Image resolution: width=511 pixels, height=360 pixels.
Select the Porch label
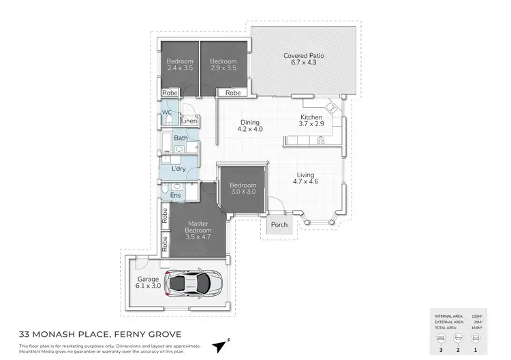pos(279,224)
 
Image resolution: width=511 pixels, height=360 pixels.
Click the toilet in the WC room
pos(168,121)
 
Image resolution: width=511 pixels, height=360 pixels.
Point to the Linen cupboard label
pos(189,121)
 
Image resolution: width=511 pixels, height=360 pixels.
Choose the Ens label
pos(175,196)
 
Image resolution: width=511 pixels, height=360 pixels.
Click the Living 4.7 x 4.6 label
pos(306,178)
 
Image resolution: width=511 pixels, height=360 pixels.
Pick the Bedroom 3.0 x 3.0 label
pos(242,189)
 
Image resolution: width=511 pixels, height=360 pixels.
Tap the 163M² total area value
pos(476,329)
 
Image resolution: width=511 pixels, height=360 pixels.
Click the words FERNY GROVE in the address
pos(144,334)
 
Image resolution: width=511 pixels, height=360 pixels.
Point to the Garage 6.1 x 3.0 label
pos(147,282)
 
